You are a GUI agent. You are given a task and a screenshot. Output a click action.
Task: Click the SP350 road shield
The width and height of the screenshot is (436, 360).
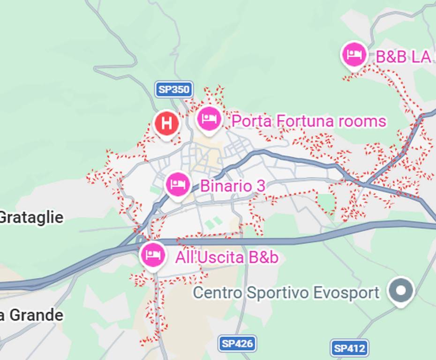click(x=174, y=89)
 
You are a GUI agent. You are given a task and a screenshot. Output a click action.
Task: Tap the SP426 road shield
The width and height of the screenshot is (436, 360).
click(x=237, y=344)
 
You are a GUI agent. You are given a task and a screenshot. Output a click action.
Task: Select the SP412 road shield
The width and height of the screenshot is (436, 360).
click(x=349, y=348)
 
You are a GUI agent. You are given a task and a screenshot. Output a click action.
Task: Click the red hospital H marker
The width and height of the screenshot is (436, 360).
click(x=166, y=123)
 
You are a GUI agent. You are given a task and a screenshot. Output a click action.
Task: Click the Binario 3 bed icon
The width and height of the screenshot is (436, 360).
click(x=178, y=184)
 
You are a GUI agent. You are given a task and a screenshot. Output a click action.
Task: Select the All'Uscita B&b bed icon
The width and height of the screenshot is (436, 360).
click(x=153, y=255)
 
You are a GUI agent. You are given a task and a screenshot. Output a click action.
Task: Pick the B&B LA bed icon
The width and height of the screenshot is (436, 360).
click(x=354, y=55)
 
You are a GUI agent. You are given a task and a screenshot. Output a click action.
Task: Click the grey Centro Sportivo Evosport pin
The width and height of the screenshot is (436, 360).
click(x=401, y=291)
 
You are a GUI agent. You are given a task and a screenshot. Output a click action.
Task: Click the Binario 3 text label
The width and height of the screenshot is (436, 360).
click(x=233, y=186)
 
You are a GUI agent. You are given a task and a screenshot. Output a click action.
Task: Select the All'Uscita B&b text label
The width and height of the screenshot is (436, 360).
click(x=226, y=257)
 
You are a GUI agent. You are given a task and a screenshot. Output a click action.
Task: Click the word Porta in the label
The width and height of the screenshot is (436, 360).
click(x=251, y=121)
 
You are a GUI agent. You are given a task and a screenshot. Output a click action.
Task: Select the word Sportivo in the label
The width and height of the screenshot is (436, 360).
click(x=277, y=293)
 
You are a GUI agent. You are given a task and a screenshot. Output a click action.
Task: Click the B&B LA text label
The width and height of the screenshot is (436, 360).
click(x=404, y=57)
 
